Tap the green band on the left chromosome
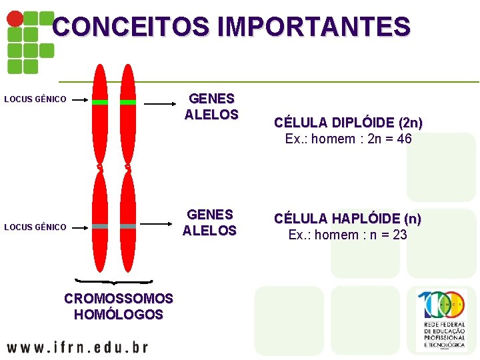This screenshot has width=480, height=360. pyautogui.click(x=100, y=102)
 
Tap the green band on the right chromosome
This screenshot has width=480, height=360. pyautogui.click(x=128, y=102)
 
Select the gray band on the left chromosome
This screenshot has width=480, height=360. pyautogui.click(x=100, y=227)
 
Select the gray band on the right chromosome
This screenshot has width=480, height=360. pyautogui.click(x=128, y=227)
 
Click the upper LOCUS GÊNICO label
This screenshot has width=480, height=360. pyautogui.click(x=35, y=99)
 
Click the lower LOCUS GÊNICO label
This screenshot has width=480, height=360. pyautogui.click(x=35, y=227)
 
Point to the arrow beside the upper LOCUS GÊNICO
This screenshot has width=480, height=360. pyautogui.click(x=80, y=100)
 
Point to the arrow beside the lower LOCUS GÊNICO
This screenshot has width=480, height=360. pyautogui.click(x=80, y=227)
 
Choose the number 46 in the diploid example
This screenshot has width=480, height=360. pyautogui.click(x=403, y=139)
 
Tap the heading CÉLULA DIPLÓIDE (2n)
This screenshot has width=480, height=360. pyautogui.click(x=349, y=123)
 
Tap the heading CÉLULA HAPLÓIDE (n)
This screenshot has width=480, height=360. pyautogui.click(x=348, y=219)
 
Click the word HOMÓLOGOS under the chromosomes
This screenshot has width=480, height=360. pyautogui.click(x=119, y=315)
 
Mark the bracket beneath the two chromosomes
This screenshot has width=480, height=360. pyautogui.click(x=114, y=283)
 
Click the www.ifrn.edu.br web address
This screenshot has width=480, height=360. pyautogui.click(x=77, y=347)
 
